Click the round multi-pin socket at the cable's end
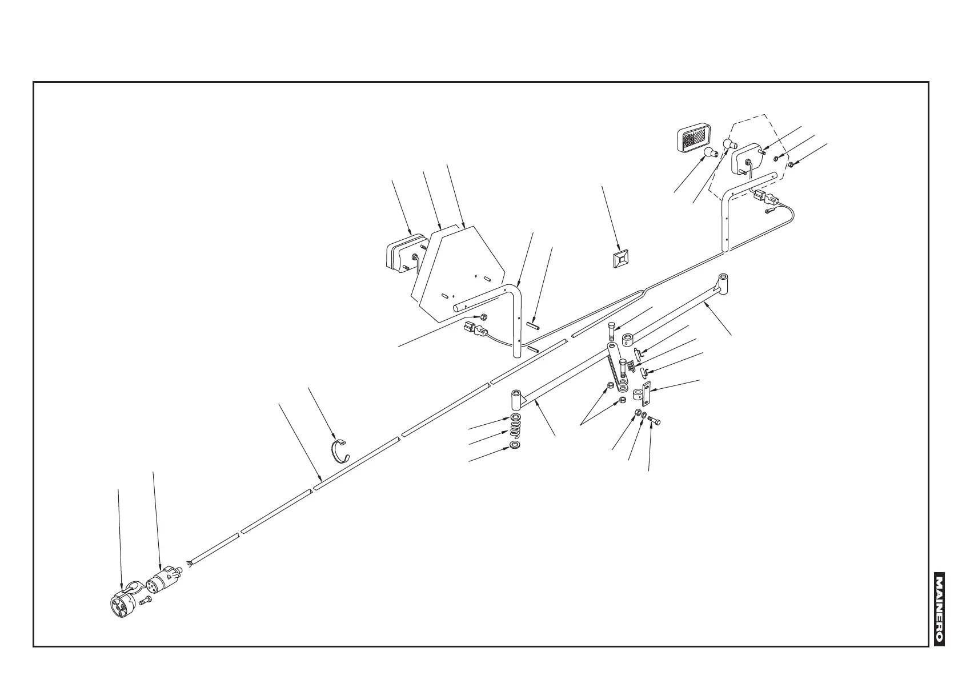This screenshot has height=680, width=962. pos(122,603)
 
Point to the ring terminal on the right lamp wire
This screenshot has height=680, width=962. pos(770,211)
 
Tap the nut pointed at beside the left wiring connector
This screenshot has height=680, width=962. pos(483,317)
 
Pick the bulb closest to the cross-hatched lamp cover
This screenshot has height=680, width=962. pos(710,152)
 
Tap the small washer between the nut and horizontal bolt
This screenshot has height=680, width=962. pos(644,417)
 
